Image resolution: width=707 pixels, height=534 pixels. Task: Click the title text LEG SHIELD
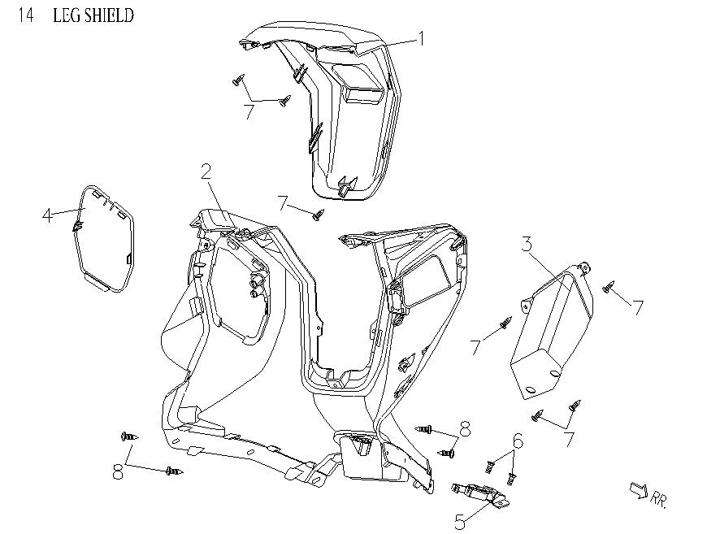click(x=93, y=15)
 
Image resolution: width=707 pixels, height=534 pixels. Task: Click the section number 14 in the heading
click(x=26, y=15)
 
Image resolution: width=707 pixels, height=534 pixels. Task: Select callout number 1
click(x=421, y=38)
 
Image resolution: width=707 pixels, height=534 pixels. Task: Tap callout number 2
click(x=206, y=171)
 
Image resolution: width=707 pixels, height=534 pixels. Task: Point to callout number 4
click(x=48, y=215)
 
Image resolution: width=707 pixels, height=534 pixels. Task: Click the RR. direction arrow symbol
click(x=637, y=489)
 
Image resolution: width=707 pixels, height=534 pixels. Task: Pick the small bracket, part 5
click(x=479, y=493)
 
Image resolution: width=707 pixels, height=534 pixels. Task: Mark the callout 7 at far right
click(x=639, y=307)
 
